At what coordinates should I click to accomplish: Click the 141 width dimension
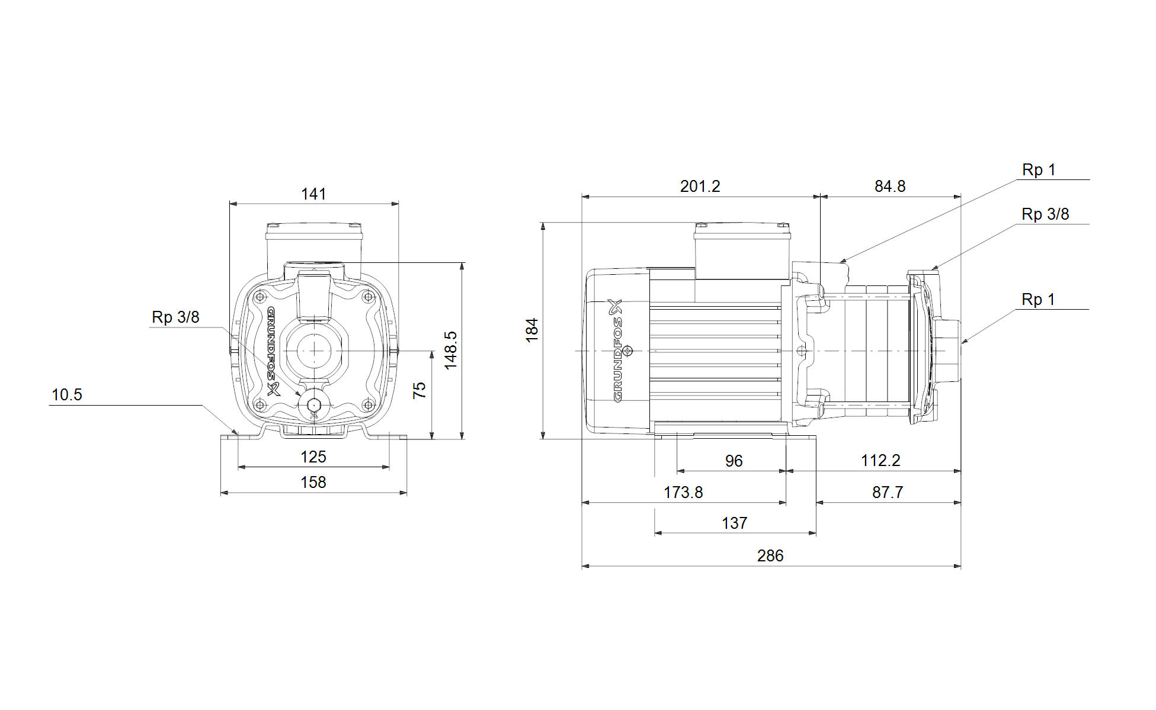point(313,194)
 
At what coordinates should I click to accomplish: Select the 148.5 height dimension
point(451,351)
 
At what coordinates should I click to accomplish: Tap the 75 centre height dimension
point(420,390)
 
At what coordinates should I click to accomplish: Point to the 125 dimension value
point(313,457)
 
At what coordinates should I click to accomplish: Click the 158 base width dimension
point(313,482)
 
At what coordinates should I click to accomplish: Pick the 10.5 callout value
point(67,394)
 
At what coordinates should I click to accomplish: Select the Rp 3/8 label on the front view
point(175,317)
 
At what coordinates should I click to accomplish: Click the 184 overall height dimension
point(532,330)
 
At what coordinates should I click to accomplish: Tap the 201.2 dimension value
point(700,186)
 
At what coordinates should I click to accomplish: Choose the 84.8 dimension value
point(890,186)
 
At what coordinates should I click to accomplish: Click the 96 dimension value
point(734,461)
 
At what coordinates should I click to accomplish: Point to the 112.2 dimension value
point(880,460)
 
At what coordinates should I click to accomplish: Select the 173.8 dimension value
point(683,492)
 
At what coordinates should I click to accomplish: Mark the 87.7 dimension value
point(888,492)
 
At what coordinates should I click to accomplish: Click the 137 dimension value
point(735,523)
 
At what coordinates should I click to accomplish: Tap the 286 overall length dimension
point(770,555)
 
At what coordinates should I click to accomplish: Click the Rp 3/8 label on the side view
point(1045,214)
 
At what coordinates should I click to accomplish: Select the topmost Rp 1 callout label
point(1039,170)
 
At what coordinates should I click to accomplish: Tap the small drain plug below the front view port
point(313,405)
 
